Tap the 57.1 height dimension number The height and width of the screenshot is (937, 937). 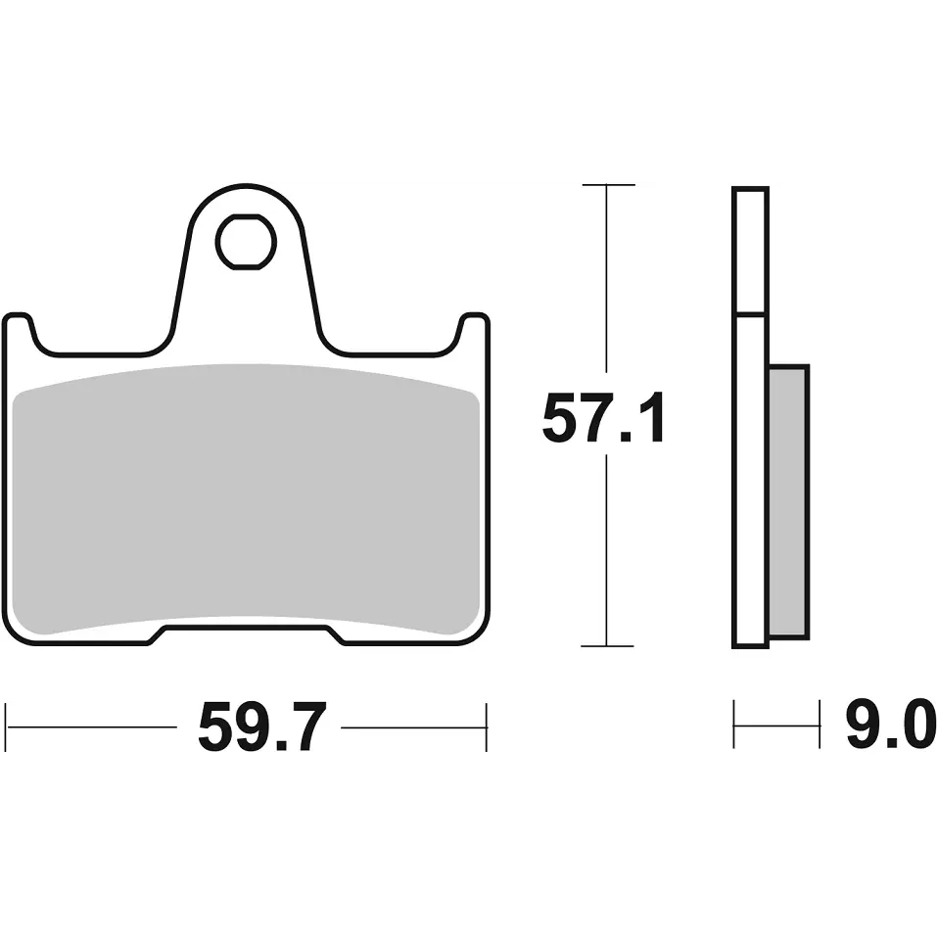[603, 418]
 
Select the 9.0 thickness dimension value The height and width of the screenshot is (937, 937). [890, 726]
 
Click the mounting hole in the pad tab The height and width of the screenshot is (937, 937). [246, 242]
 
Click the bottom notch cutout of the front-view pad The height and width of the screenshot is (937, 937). [246, 634]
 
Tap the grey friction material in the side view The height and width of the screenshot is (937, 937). [788, 501]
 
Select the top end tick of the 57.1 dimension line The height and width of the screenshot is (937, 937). [608, 185]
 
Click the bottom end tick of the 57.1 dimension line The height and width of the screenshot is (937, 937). [607, 646]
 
